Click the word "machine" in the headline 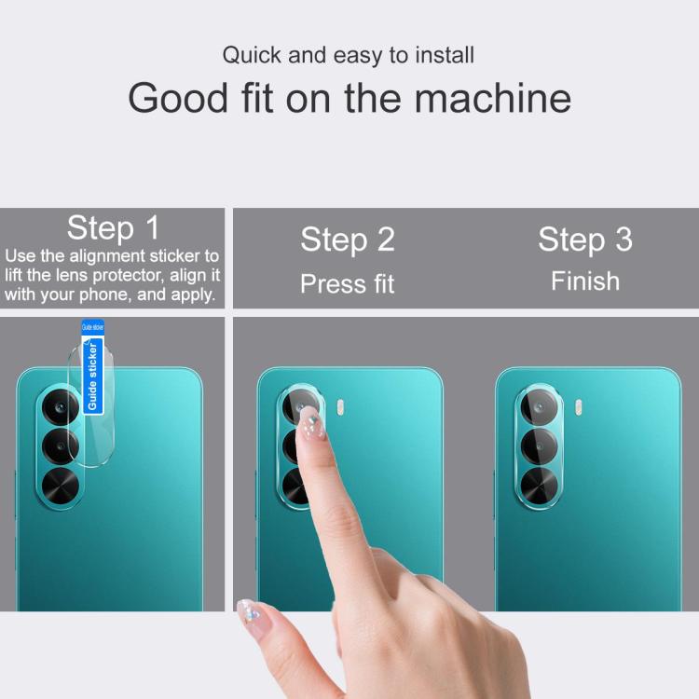point(493,98)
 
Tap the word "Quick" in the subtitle point(252,55)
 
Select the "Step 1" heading point(113,227)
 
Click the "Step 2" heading point(348,240)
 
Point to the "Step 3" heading point(585,240)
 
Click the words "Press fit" point(348,283)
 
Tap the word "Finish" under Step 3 point(585,281)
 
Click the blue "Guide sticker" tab point(92,367)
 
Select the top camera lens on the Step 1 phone point(61,406)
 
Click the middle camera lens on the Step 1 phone point(61,445)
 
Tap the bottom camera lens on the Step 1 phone point(61,486)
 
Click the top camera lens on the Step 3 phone point(539,406)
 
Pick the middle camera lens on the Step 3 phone point(539,445)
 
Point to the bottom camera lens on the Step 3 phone point(539,486)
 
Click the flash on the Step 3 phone point(578,407)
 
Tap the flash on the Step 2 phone point(340,407)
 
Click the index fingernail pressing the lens point(311,424)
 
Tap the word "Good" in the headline point(178,98)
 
